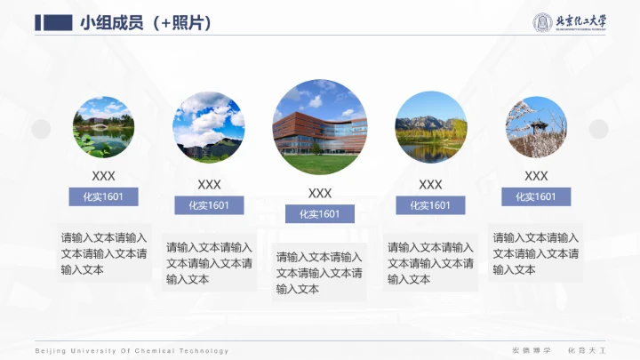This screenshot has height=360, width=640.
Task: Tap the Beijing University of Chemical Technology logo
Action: click(x=569, y=22)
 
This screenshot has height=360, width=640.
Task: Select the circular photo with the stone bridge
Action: click(x=103, y=127)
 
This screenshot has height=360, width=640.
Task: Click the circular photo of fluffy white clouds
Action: click(x=209, y=127)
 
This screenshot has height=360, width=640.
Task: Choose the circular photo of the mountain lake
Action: click(x=430, y=127)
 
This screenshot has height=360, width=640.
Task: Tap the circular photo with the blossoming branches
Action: click(x=536, y=127)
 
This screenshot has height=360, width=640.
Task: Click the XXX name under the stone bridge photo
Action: click(x=103, y=176)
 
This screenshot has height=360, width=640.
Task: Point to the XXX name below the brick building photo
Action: click(x=320, y=193)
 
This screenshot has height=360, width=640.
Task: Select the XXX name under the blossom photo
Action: click(x=536, y=176)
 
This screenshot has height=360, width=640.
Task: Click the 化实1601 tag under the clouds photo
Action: click(x=209, y=205)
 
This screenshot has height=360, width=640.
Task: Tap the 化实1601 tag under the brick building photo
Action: click(x=320, y=213)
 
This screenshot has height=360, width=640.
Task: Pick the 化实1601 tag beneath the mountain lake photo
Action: click(x=430, y=205)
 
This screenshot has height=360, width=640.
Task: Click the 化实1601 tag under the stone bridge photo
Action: click(x=103, y=196)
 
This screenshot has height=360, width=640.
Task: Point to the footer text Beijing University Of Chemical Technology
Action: click(x=132, y=351)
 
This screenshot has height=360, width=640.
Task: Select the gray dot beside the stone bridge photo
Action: click(x=41, y=130)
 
